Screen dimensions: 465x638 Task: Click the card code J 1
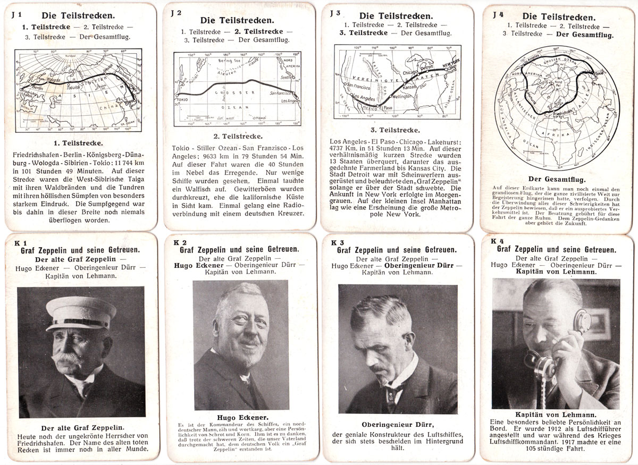point(15,14)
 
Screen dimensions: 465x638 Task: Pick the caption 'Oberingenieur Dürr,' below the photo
point(398,424)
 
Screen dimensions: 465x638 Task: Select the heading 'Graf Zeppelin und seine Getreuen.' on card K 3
point(398,249)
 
